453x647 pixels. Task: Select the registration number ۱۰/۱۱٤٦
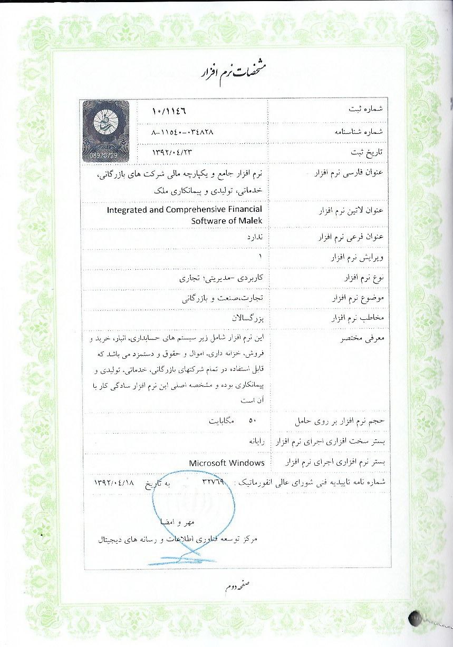tap(169, 112)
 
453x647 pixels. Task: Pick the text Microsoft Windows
tap(226, 463)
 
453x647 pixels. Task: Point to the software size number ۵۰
tap(252, 421)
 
